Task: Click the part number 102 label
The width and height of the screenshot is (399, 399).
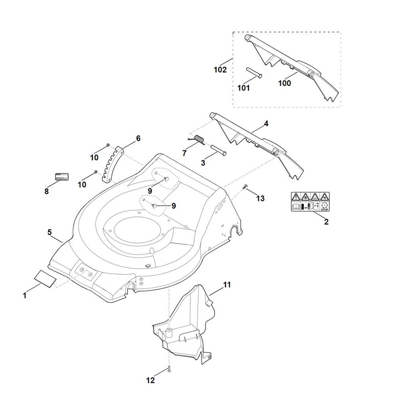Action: pos(220,70)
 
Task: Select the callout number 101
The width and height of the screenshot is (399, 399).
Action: pos(243,88)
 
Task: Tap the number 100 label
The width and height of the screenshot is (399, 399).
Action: pos(284,83)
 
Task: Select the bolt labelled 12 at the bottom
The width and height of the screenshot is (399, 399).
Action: pos(170,370)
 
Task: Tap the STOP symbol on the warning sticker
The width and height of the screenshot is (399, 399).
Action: pos(324,207)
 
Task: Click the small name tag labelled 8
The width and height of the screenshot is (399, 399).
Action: pos(61,177)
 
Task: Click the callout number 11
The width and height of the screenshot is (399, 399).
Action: pos(227,285)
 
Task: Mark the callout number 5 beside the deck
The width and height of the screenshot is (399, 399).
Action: pos(49,232)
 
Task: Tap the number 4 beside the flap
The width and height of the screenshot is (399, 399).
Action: pos(266,124)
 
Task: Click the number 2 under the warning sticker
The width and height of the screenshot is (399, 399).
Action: pos(326,222)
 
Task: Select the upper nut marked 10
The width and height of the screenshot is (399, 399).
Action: pos(108,145)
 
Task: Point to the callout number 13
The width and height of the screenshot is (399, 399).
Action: pos(260,198)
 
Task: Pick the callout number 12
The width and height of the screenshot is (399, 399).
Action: pos(150,381)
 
